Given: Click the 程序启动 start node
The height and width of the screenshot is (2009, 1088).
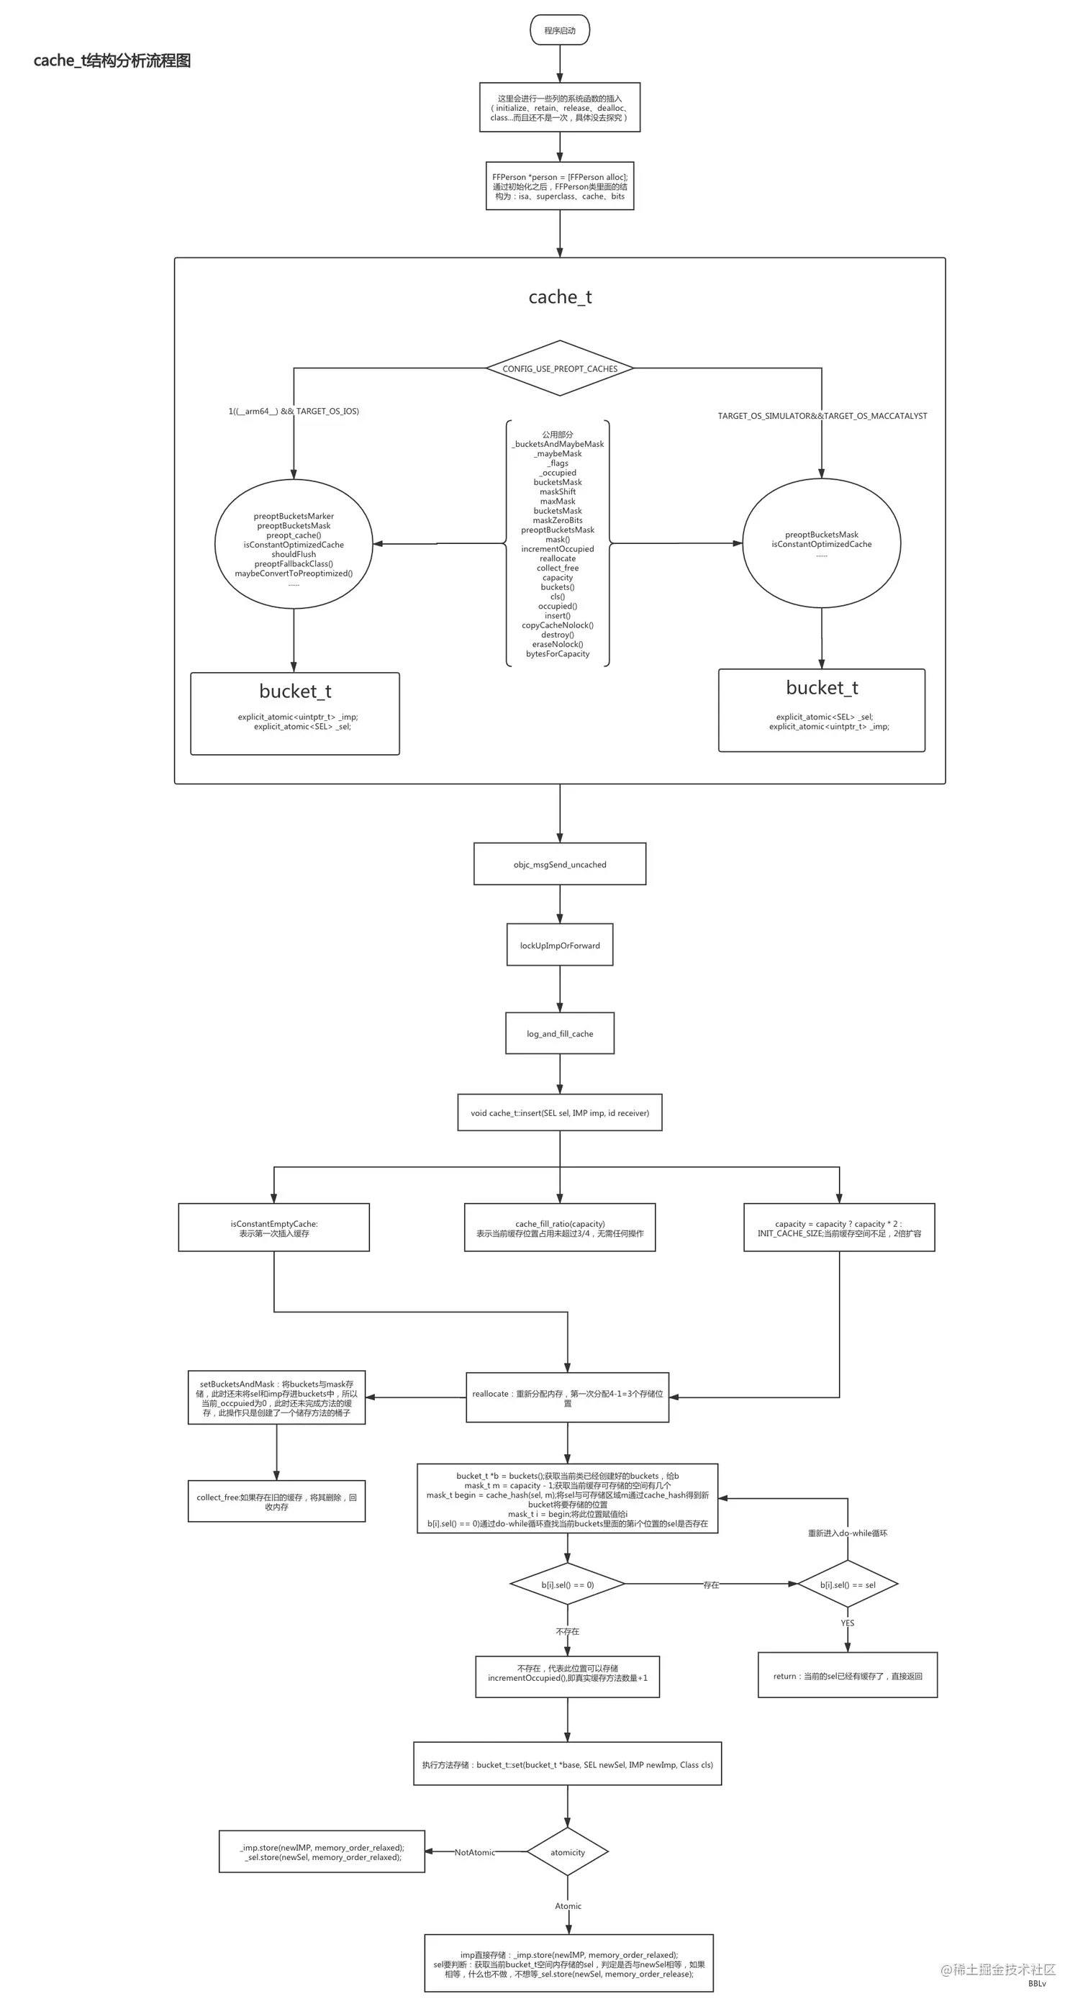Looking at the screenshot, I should (x=559, y=30).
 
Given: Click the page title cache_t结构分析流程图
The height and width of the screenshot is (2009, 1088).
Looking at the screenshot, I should (x=112, y=61).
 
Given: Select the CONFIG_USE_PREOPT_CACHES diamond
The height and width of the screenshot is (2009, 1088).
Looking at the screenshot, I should (x=559, y=368).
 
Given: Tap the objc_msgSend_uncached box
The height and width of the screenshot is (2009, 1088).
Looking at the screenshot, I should (x=559, y=864).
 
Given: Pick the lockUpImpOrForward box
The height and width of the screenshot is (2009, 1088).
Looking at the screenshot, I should (x=559, y=945).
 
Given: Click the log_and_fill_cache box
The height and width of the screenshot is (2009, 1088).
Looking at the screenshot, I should (x=559, y=1033).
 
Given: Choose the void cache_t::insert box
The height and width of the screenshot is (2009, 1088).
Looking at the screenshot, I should (x=559, y=1113).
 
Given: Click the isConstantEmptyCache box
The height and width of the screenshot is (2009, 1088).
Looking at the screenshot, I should (x=273, y=1228).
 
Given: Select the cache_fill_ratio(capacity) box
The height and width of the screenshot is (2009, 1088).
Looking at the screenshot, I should (x=559, y=1228).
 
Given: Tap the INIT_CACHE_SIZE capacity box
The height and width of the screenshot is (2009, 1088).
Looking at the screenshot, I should (x=839, y=1228).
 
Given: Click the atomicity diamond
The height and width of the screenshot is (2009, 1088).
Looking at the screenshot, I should (x=567, y=1852).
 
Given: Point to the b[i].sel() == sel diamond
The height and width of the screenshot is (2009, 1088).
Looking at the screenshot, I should (x=847, y=1584).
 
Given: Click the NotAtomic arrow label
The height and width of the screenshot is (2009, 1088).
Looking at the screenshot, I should (x=474, y=1852).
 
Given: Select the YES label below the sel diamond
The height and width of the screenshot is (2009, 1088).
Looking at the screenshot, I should (x=847, y=1623).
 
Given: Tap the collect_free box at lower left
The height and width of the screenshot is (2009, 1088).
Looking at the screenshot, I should (x=276, y=1502).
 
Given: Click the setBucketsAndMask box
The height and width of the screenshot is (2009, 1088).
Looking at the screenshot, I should (x=276, y=1397).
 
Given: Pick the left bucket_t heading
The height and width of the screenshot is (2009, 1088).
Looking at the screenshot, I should (x=295, y=691).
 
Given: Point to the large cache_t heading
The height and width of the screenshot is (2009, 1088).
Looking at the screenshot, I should (x=559, y=296).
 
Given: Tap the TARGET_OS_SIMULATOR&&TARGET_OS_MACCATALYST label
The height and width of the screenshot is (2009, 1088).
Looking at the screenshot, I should (x=822, y=416).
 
